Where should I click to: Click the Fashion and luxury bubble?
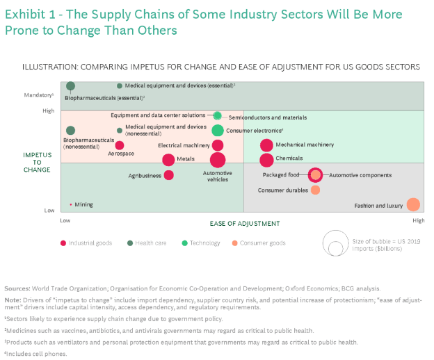click(x=413, y=204)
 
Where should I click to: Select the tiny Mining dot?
click(x=71, y=204)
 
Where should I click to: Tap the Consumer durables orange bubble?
click(x=315, y=190)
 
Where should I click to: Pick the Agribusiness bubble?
click(x=169, y=175)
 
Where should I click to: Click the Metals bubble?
click(x=168, y=160)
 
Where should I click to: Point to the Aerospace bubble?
click(x=120, y=145)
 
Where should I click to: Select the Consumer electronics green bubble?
click(x=218, y=130)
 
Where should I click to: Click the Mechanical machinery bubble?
click(x=266, y=145)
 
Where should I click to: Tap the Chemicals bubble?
click(x=266, y=160)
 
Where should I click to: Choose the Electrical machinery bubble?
click(x=218, y=145)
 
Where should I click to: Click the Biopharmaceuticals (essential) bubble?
click(x=70, y=86)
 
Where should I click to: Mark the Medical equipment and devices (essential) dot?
click(x=120, y=86)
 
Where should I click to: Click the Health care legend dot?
click(x=130, y=243)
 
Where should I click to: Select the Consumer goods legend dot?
click(x=234, y=243)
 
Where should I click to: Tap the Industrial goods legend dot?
click(x=63, y=243)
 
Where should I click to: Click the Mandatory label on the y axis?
click(x=39, y=95)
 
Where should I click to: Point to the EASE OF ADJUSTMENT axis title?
click(x=245, y=223)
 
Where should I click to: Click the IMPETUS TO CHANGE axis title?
click(x=37, y=163)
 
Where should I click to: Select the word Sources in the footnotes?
click(x=17, y=288)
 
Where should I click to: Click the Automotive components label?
click(x=360, y=175)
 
